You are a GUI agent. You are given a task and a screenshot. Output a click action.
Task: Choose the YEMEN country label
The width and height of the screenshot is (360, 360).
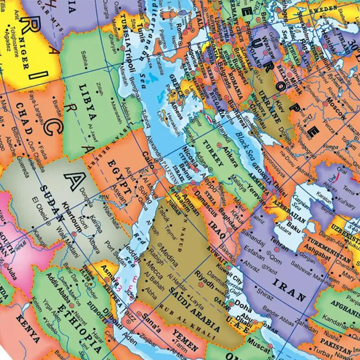(185, 342)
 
